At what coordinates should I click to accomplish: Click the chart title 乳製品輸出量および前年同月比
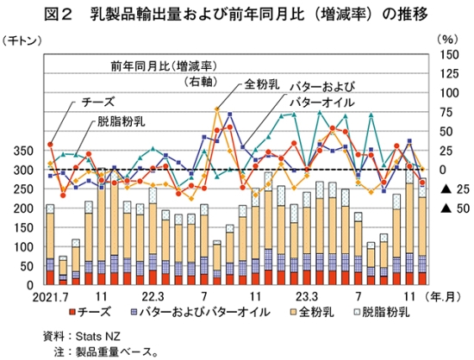197,14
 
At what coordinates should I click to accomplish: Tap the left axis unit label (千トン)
22,40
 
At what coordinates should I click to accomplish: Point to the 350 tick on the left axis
23,151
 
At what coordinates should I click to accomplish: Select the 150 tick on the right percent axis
449,55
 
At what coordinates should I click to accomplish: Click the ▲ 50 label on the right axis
455,208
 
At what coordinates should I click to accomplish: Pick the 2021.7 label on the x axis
50,297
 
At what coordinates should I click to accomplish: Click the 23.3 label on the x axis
307,297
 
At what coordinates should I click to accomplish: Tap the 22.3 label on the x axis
153,297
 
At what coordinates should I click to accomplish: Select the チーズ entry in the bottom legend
90,312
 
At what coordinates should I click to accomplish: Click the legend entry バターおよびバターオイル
201,312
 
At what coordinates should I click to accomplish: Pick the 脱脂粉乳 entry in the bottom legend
382,312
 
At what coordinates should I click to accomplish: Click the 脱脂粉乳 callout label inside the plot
122,121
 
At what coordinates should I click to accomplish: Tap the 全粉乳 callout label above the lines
261,84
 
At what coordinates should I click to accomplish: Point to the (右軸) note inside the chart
201,81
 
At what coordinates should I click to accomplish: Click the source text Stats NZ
97,336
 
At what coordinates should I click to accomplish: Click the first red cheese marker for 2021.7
50,145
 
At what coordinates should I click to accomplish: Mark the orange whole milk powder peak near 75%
216,109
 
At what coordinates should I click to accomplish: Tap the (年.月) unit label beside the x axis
443,297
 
